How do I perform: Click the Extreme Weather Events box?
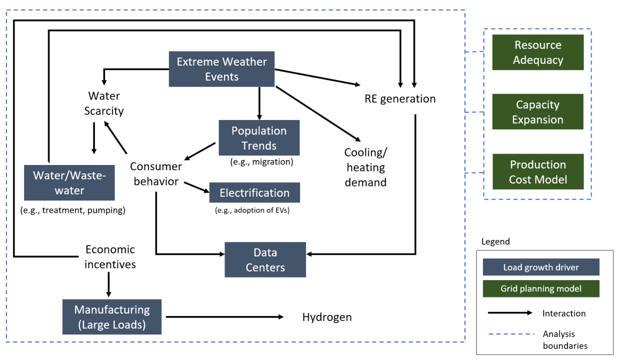tap(221, 69)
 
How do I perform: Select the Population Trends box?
tap(259, 137)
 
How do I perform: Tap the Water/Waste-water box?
tap(69, 182)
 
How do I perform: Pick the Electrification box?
tap(254, 192)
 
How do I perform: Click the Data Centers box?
tap(265, 259)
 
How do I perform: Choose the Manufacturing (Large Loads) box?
tap(112, 316)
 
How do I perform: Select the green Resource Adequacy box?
tap(537, 52)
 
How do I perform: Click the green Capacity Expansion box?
tap(537, 112)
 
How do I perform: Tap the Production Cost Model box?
tap(537, 171)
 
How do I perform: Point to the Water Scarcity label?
tap(105, 103)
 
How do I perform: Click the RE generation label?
tap(399, 99)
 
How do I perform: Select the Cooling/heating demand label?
tap(365, 167)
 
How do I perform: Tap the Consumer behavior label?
tap(155, 173)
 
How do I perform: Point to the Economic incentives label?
tap(110, 256)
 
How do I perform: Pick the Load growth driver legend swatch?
tap(540, 267)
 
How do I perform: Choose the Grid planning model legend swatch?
tap(540, 288)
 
